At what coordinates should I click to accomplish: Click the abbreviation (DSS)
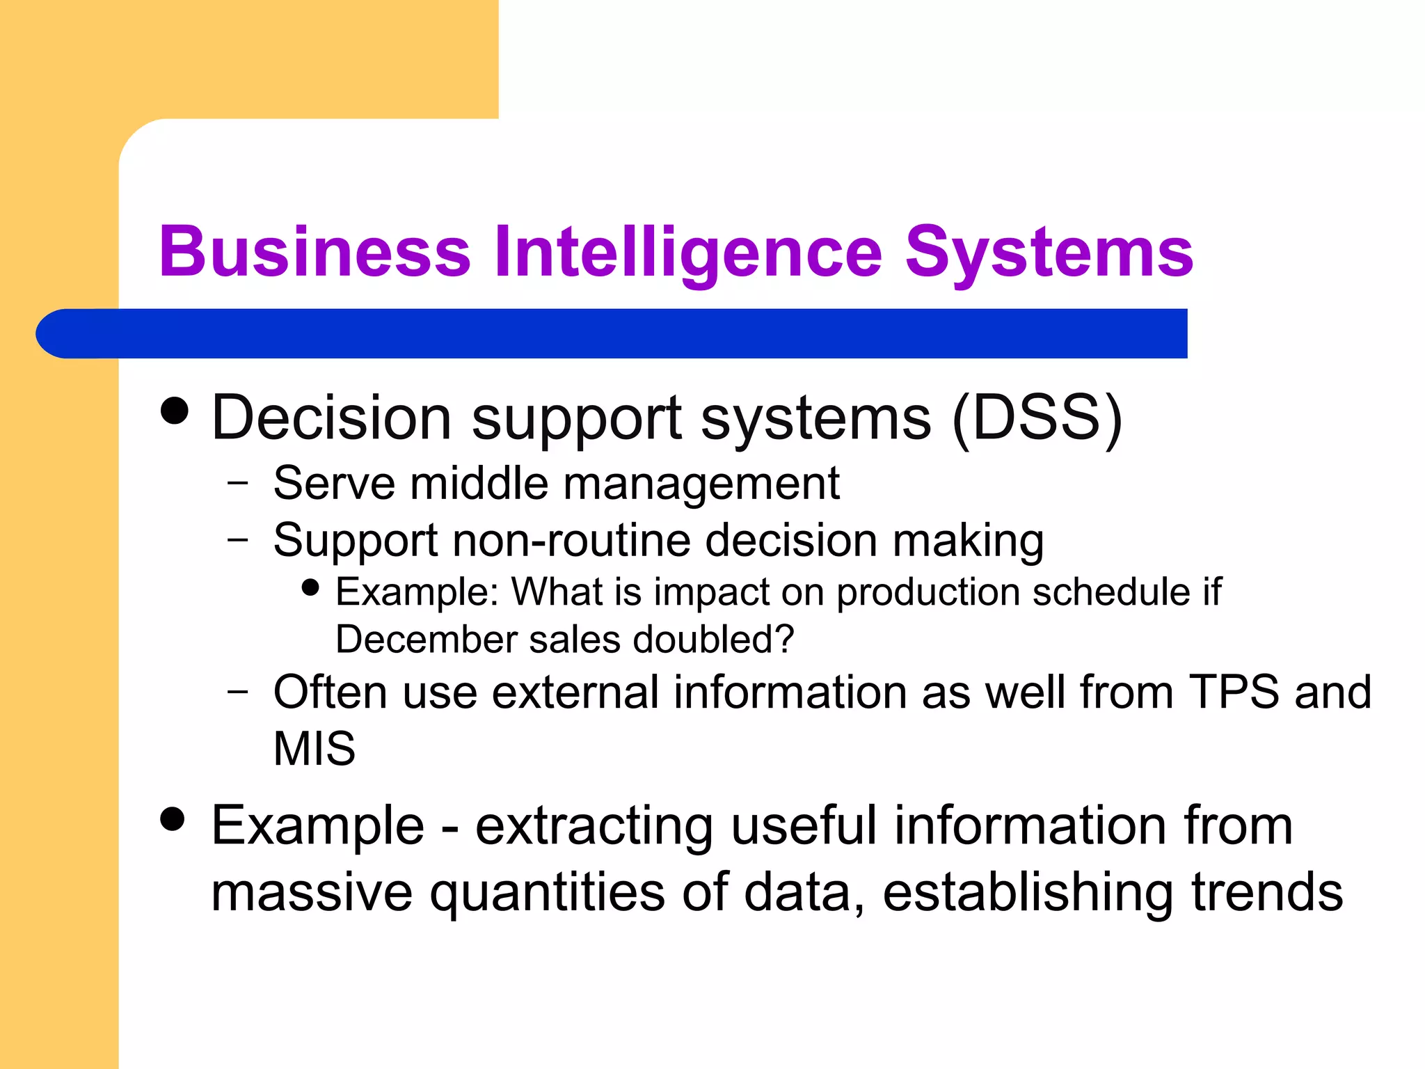tap(1037, 418)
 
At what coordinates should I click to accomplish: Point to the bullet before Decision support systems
tap(174, 411)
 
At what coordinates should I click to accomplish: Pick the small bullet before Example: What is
tap(310, 588)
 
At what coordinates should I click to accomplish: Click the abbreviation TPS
tap(1234, 692)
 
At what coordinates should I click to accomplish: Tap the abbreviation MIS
tap(315, 749)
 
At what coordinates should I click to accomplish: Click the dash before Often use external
tap(237, 691)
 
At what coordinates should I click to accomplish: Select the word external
tap(568, 692)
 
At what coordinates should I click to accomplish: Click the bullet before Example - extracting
tap(173, 819)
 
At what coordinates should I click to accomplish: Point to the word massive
tap(312, 893)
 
